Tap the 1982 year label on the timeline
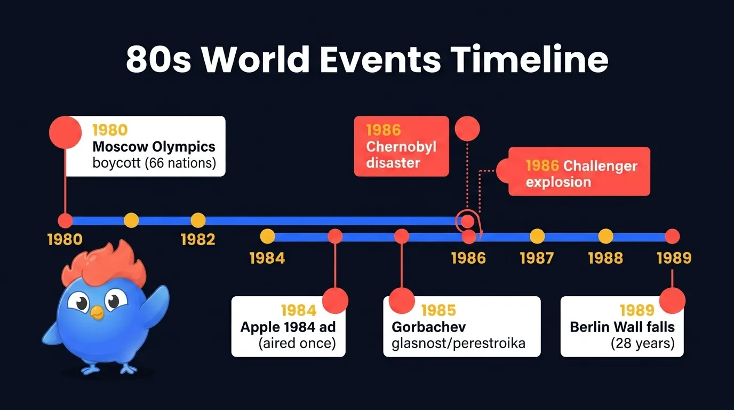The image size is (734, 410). pos(197,239)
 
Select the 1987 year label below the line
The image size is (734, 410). pos(537,258)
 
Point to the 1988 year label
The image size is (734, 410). pos(605,258)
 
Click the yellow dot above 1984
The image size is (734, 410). pos(267,236)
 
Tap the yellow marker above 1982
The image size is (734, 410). pos(198,220)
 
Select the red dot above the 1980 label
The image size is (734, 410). pos(65,220)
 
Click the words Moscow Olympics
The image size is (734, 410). pos(154,146)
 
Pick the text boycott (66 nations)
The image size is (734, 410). pos(154,163)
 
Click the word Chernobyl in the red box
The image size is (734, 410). pos(401,146)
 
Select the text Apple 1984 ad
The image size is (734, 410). pos(288,327)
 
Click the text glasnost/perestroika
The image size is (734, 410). pos(458,343)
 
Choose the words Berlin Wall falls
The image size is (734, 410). pos(622,327)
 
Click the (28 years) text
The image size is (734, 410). pos(642,343)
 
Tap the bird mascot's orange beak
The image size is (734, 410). pos(97,312)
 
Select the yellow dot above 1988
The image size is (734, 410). pos(605,236)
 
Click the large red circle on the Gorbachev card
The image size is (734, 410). pos(402,300)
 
